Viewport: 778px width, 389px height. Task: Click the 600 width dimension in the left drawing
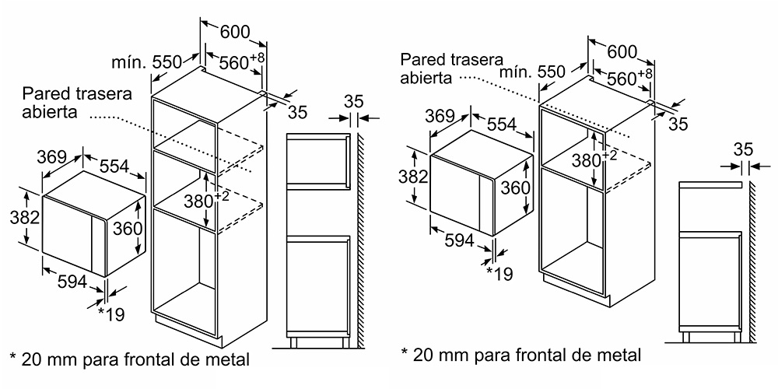tap(235, 32)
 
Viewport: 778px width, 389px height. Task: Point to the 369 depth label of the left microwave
tap(51, 157)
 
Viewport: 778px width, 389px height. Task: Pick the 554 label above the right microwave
tap(503, 124)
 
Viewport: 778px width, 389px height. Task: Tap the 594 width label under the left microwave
tap(73, 282)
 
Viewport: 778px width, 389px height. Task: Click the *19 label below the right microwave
tap(499, 273)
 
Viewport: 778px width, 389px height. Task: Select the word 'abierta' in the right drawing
tap(426, 78)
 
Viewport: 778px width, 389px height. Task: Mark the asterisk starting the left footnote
tap(13, 357)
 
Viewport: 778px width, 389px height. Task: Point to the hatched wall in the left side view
tap(361, 240)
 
